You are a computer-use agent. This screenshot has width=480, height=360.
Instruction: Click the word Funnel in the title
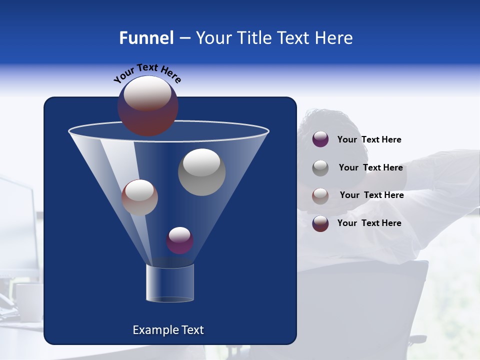pos(146,38)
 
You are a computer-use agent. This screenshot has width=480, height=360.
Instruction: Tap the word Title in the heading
pos(254,38)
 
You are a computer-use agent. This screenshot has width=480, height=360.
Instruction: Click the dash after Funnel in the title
pos(184,38)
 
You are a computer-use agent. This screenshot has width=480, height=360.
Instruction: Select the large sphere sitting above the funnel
pos(148,105)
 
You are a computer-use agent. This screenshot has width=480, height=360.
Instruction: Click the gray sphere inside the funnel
pos(201,172)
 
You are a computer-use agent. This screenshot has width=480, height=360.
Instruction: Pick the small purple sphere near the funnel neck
pos(179,240)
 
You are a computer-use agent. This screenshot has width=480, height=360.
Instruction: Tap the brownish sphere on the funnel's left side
pos(139,197)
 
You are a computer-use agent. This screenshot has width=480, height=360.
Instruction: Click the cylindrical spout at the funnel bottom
pos(170,283)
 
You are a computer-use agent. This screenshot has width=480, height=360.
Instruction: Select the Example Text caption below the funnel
pos(168,330)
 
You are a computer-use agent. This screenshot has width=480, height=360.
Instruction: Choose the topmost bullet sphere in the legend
pos(320,139)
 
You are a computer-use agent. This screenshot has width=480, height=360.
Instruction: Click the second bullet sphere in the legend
pos(320,167)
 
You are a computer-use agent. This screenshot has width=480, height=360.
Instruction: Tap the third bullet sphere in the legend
pos(320,195)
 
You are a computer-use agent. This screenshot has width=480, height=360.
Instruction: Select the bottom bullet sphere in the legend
pos(320,223)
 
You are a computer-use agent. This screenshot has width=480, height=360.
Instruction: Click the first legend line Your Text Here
pos(369,139)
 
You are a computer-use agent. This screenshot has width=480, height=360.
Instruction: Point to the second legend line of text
pos(370,167)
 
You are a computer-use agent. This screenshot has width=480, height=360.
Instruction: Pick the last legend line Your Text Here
pos(369,223)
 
